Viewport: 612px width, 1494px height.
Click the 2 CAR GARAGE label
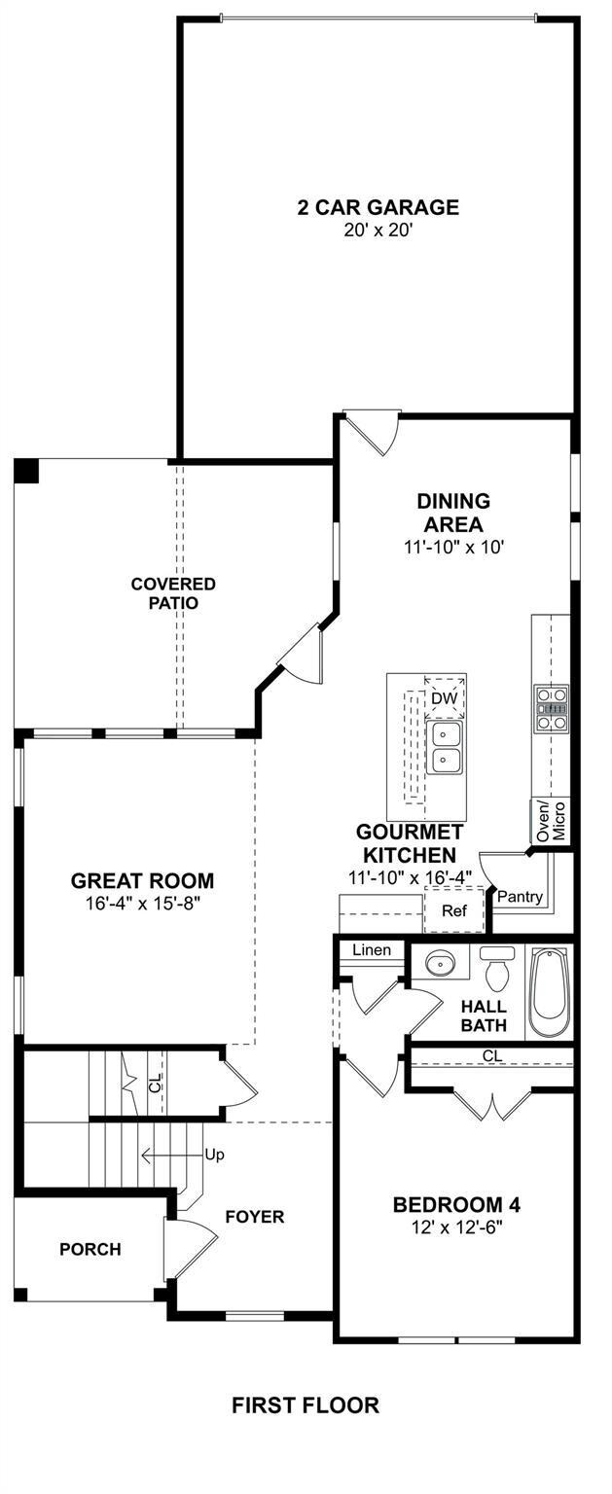tap(378, 207)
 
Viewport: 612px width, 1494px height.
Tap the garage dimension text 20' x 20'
tap(378, 231)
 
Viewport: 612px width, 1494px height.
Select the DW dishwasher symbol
tap(445, 698)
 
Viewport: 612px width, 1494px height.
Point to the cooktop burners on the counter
tap(551, 708)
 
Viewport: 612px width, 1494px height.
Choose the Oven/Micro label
tap(552, 821)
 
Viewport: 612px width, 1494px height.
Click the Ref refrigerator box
tap(454, 910)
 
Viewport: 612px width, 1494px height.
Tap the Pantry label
tap(520, 897)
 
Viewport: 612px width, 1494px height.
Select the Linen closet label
tap(372, 949)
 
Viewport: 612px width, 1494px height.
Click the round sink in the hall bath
tap(439, 963)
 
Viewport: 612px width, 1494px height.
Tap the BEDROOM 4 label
tap(456, 1205)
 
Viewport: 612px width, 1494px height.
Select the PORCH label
tap(90, 1249)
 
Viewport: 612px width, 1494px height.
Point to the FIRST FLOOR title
tap(306, 1405)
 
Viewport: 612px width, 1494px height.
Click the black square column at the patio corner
tap(27, 471)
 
